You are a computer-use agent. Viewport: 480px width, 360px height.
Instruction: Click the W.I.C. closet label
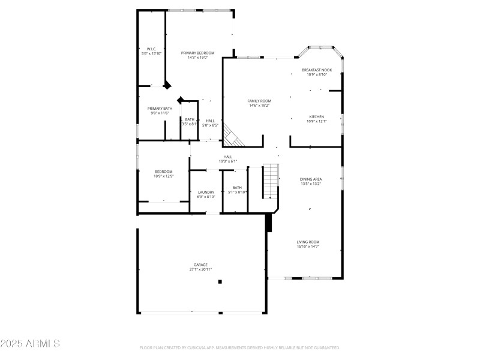click(x=151, y=49)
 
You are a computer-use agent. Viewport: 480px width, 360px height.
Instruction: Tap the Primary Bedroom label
click(x=197, y=53)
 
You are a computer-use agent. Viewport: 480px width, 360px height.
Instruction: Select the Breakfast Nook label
click(x=317, y=70)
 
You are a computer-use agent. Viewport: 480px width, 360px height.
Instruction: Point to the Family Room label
click(x=260, y=101)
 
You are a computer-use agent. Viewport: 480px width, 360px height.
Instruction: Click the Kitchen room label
click(x=317, y=116)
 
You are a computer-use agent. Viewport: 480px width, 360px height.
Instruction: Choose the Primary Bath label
click(x=160, y=108)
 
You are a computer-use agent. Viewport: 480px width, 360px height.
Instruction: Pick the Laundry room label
click(x=206, y=192)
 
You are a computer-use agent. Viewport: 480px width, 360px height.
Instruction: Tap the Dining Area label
click(x=311, y=179)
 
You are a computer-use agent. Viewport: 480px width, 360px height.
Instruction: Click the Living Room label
click(x=308, y=242)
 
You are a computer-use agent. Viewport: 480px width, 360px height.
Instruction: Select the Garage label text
click(x=200, y=265)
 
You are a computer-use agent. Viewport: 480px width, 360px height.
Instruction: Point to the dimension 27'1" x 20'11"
click(x=200, y=269)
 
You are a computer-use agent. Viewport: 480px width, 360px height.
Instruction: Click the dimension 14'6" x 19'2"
click(x=260, y=106)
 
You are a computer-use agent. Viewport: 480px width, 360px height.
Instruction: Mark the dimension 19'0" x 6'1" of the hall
click(x=228, y=161)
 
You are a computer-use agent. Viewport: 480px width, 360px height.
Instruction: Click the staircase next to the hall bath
click(x=271, y=182)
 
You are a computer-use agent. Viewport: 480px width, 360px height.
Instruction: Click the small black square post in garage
click(x=220, y=281)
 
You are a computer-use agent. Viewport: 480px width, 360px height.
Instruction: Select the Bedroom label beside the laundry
click(x=163, y=172)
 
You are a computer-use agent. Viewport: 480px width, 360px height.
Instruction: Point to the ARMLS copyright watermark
click(x=30, y=344)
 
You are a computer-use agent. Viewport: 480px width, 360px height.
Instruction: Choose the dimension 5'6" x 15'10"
click(x=151, y=53)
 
